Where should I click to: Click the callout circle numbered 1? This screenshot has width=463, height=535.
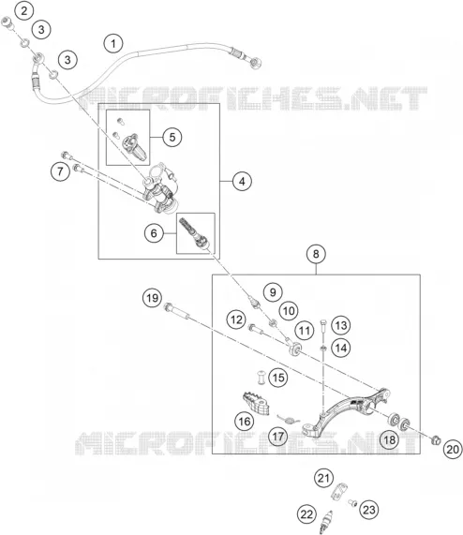(113, 43)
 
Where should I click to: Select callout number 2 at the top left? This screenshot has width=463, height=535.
(23, 10)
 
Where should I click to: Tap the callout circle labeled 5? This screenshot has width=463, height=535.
(172, 137)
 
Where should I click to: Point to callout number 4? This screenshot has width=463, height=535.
(242, 181)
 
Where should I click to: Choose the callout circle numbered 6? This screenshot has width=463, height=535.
(154, 233)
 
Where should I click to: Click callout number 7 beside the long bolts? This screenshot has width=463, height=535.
(60, 171)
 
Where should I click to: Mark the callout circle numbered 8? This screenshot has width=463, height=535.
(316, 254)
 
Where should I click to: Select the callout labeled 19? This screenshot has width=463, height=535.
(152, 298)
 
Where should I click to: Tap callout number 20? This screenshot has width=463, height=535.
(453, 449)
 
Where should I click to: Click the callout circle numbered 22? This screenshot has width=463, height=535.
(306, 513)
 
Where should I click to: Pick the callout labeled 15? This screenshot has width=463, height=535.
(278, 378)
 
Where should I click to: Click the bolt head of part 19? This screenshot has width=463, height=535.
(168, 306)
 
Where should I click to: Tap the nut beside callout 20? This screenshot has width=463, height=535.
(436, 440)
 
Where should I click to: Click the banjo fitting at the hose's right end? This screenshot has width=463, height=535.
(256, 63)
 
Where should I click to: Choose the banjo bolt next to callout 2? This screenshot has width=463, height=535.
(7, 22)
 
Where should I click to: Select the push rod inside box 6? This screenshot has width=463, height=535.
(194, 233)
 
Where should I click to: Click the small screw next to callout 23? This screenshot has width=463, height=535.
(352, 502)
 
